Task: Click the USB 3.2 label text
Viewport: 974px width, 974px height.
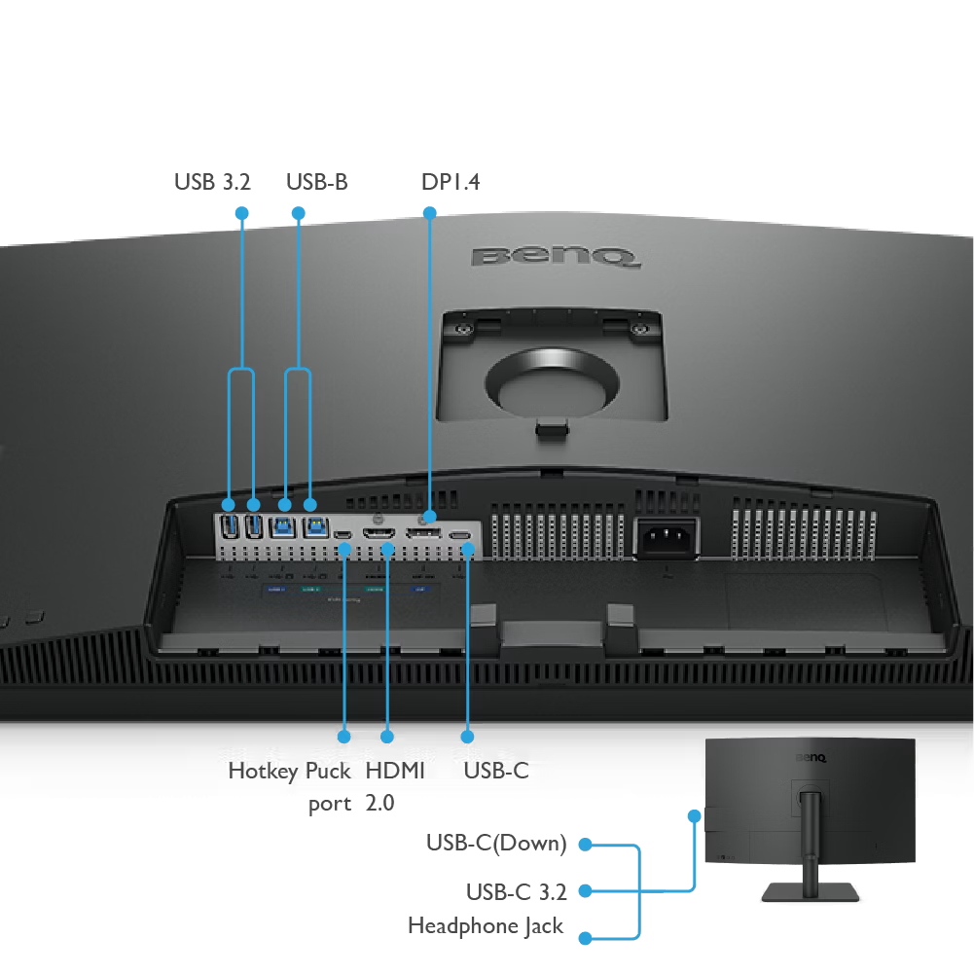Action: pos(212,181)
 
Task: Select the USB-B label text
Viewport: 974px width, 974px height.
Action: pos(315,181)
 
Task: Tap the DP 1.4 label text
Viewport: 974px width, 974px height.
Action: pos(451,181)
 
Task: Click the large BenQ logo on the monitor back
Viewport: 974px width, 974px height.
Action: pos(556,257)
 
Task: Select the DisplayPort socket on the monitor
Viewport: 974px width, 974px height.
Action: pos(426,534)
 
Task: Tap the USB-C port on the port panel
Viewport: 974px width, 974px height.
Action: pos(463,536)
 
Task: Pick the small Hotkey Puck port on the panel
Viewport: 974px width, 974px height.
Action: pos(343,536)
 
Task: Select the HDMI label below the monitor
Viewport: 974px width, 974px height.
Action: pos(395,772)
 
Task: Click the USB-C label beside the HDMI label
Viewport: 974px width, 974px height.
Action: pos(496,772)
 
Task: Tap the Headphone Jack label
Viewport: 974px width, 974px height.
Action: pos(486,925)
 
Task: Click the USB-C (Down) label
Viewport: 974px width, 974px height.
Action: pos(495,843)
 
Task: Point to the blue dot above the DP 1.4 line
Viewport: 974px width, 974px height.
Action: pos(428,212)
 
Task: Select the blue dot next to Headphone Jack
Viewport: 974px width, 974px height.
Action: pos(585,939)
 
